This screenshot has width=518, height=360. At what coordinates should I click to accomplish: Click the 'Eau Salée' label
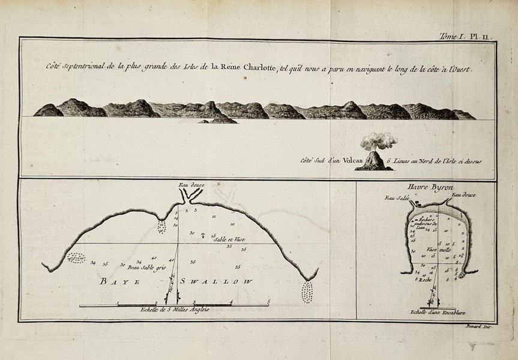(397, 197)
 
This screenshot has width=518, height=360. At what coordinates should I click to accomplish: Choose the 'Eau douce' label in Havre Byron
(463, 194)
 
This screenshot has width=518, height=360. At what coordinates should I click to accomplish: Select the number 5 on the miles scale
(269, 301)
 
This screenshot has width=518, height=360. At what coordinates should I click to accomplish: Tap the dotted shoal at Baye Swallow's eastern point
(307, 292)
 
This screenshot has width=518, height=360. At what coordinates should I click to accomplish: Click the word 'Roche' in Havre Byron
(427, 280)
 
